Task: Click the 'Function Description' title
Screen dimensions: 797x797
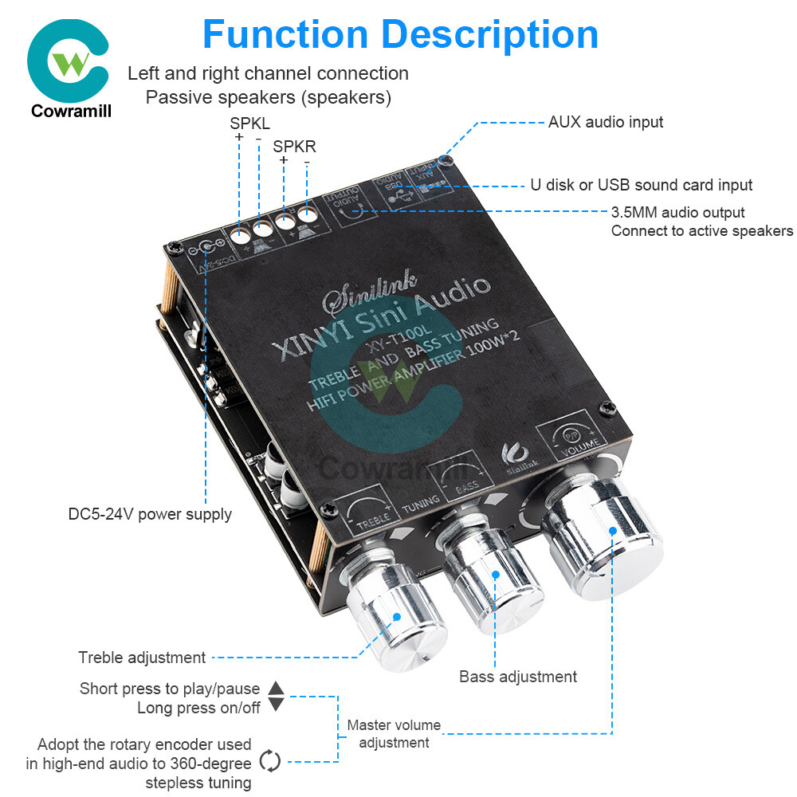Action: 400,33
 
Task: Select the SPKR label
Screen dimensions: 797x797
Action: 294,147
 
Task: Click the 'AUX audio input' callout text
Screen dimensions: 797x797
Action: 605,122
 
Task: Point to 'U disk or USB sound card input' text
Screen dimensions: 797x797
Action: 641,185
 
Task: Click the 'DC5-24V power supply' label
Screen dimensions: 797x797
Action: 150,514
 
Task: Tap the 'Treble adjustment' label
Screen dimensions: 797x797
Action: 142,658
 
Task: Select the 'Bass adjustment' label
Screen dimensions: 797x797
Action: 518,677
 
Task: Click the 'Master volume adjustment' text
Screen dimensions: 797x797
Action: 394,734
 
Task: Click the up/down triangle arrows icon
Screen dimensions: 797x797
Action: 276,696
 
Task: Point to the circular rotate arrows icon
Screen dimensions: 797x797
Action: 271,761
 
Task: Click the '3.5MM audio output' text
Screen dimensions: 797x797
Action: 677,213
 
